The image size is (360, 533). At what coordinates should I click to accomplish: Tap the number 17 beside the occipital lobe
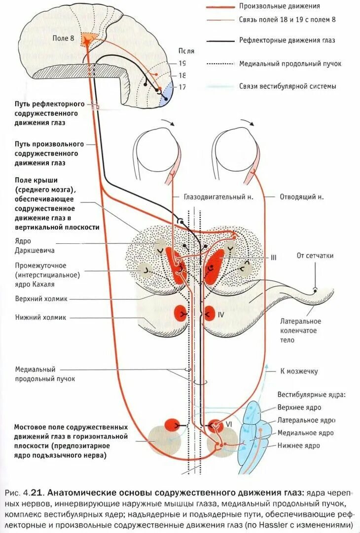(x=182, y=87)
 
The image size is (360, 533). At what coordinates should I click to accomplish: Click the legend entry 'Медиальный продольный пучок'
(x=290, y=63)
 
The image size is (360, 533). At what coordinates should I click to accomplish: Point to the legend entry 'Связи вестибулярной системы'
(x=288, y=86)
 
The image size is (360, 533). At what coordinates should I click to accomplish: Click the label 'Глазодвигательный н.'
(x=218, y=196)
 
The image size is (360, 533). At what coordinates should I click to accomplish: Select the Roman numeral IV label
(x=221, y=314)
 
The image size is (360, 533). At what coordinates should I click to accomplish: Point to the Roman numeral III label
(x=274, y=257)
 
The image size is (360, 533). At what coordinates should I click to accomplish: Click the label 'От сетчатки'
(x=315, y=256)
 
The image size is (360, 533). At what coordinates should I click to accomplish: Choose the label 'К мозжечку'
(x=299, y=371)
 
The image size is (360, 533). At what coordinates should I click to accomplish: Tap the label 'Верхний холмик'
(x=41, y=299)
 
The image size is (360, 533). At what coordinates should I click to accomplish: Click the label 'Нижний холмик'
(x=40, y=317)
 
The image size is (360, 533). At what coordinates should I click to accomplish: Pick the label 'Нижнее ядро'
(x=298, y=445)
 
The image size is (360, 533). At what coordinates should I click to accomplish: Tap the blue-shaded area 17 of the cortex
(x=166, y=94)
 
